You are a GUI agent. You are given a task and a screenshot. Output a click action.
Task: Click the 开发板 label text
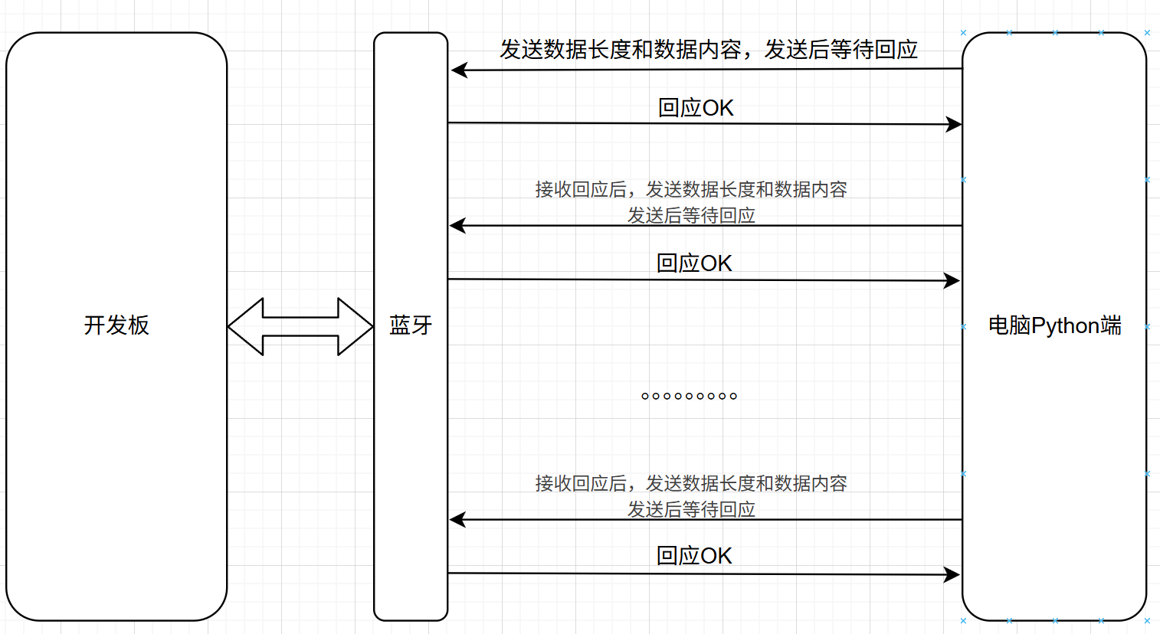[116, 325]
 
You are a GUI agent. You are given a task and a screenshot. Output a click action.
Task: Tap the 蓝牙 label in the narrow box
[411, 325]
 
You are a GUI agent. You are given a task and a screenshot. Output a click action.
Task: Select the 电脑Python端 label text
[1054, 325]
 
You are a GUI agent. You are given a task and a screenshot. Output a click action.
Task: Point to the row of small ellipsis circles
[689, 396]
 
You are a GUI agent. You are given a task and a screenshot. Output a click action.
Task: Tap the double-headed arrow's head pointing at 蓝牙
[357, 326]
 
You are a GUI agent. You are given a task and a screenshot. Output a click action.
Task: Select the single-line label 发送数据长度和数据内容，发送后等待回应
[708, 50]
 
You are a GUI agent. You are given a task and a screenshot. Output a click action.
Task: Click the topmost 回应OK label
[696, 108]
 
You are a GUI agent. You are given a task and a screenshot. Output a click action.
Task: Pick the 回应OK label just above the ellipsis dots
[694, 263]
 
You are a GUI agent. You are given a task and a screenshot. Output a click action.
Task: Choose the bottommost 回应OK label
[694, 556]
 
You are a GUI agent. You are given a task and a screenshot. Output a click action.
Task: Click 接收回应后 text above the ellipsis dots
[580, 189]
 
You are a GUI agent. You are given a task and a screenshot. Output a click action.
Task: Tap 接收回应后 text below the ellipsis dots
[580, 483]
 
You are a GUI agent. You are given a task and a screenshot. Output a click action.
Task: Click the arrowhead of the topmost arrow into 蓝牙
[459, 70]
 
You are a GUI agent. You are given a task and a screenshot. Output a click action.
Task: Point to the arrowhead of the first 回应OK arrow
[954, 124]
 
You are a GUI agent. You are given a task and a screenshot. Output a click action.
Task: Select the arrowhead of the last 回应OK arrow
[952, 574]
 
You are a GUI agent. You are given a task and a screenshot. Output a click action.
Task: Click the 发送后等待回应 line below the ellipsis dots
[691, 509]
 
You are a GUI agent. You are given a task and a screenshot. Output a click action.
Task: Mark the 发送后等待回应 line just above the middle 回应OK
[691, 215]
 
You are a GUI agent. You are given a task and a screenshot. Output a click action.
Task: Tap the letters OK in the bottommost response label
[716, 556]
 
